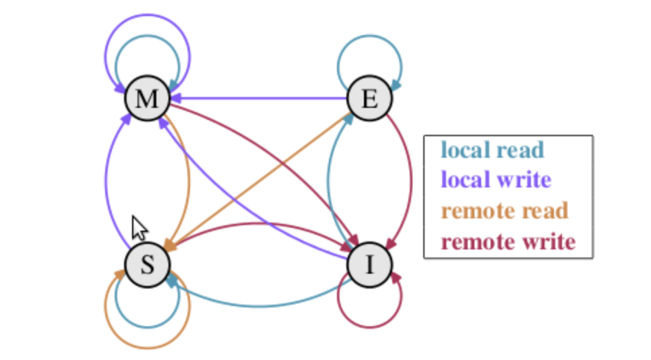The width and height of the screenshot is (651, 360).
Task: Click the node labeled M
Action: pyautogui.click(x=146, y=99)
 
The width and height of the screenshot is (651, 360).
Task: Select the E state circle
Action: pyautogui.click(x=369, y=99)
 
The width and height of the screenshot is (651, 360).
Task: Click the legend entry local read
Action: pyautogui.click(x=491, y=150)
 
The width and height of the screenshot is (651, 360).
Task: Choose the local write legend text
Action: pyautogui.click(x=495, y=180)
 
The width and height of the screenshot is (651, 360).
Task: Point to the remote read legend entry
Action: pyautogui.click(x=505, y=210)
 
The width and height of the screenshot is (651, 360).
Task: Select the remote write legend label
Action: pyautogui.click(x=508, y=241)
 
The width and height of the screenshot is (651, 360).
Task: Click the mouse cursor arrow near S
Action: pyautogui.click(x=138, y=228)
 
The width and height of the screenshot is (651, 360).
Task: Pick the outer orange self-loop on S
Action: pyautogui.click(x=147, y=347)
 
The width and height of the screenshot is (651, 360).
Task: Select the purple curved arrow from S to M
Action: pyautogui.click(x=106, y=182)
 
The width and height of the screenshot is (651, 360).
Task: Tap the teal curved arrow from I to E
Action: pyautogui.click(x=328, y=182)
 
